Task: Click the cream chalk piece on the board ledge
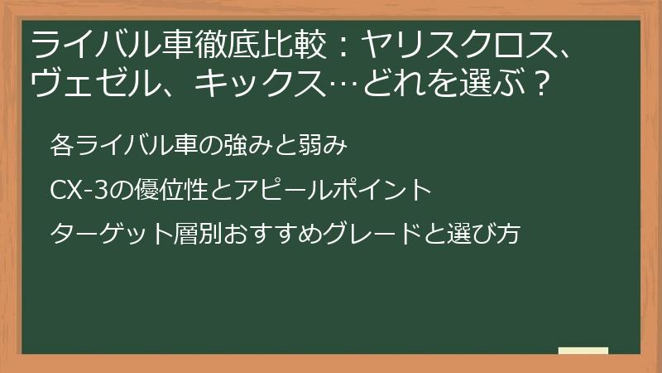click(x=583, y=351)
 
